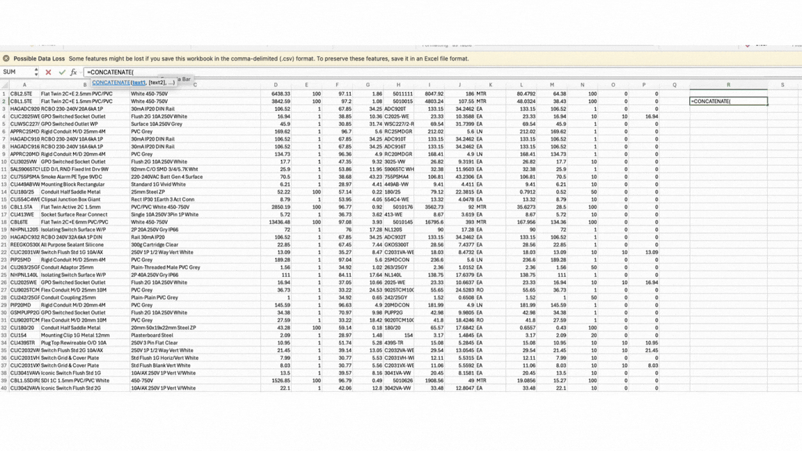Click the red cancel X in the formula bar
[x=48, y=72]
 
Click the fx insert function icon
[x=73, y=72]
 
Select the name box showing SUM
[x=17, y=72]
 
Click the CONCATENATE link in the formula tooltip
[x=111, y=82]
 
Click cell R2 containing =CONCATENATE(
[x=728, y=102]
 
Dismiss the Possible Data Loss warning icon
[x=6, y=58]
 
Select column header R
[x=728, y=85]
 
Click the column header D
[x=275, y=85]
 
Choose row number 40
[x=3, y=388]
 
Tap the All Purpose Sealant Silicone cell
[x=72, y=245]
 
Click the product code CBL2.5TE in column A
[x=21, y=94]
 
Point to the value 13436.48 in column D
[x=279, y=222]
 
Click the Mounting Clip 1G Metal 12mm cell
[x=75, y=335]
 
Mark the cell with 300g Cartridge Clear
[x=155, y=245]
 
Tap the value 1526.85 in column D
[x=281, y=381]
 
